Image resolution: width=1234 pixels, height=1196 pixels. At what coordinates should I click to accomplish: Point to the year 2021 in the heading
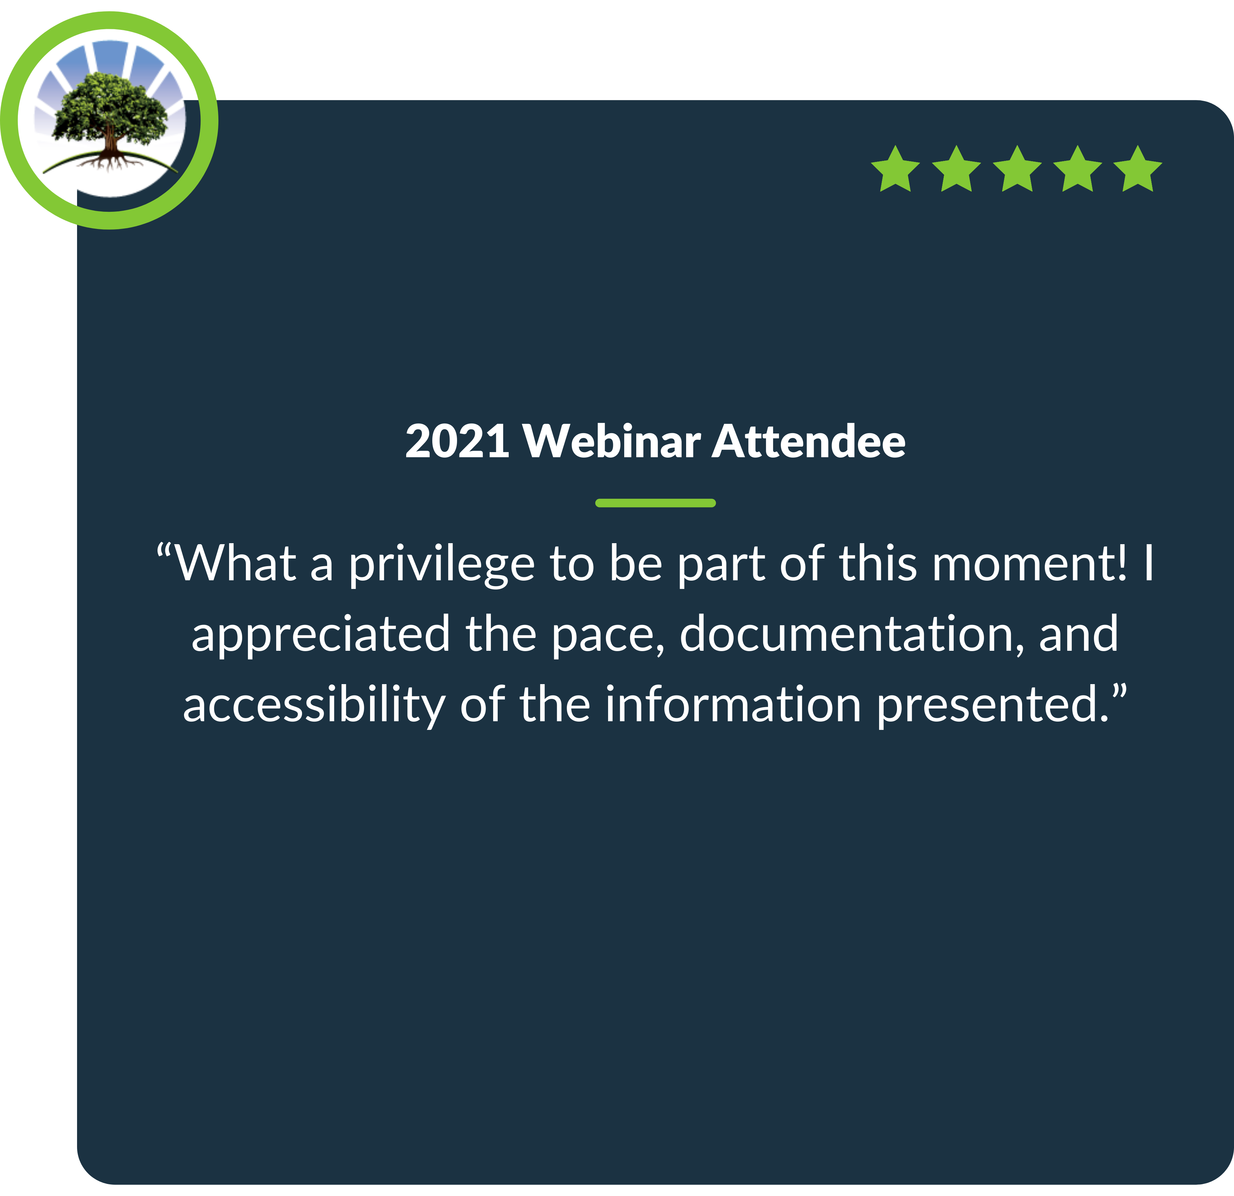pyautogui.click(x=457, y=441)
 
